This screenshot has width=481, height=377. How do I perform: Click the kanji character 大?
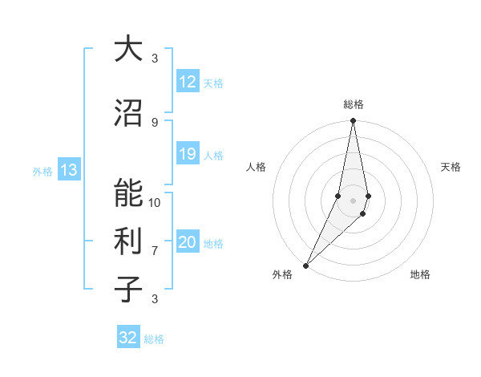coord(129,49)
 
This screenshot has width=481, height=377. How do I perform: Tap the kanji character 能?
coord(129,195)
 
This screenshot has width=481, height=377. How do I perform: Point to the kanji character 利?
coord(129,241)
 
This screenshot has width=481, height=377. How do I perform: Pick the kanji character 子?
coord(129,288)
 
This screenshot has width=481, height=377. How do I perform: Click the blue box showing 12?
coord(188,82)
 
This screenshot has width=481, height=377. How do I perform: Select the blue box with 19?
coord(188,155)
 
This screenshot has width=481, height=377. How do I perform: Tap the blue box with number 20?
coord(188,243)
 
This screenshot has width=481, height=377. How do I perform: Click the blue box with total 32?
coord(128,338)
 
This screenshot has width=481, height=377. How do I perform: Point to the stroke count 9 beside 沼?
coord(155,122)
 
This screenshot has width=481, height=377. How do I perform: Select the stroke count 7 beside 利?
coord(155,251)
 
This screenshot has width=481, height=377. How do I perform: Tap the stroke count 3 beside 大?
coord(155,58)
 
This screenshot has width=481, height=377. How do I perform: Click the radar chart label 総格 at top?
coord(354,104)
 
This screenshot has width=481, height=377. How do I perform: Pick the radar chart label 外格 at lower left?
coord(282,274)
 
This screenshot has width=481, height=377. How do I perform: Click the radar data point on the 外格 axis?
coord(305,265)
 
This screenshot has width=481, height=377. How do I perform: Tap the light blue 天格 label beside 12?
coord(213,83)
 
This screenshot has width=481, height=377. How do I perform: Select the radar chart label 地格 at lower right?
coord(420,274)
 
